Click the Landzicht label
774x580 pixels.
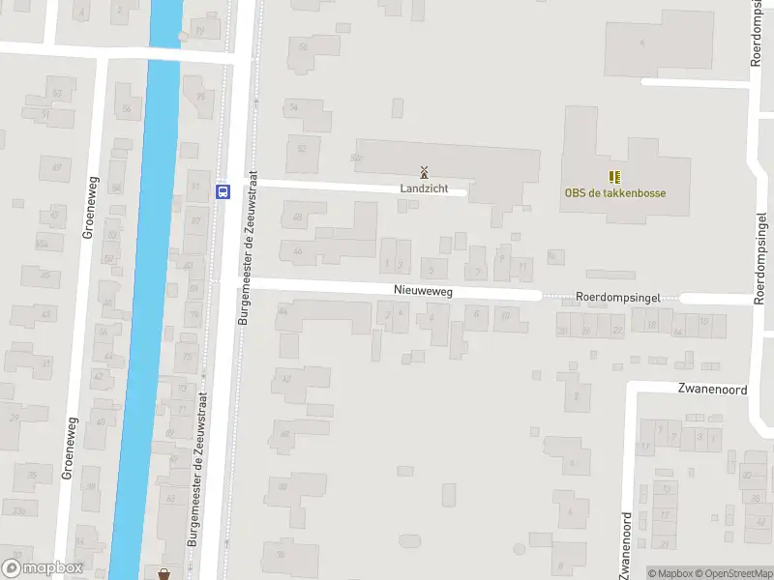pyautogui.click(x=424, y=188)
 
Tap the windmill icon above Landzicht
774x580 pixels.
pyautogui.click(x=424, y=171)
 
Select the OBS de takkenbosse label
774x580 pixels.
pyautogui.click(x=615, y=192)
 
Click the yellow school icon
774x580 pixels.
pyautogui.click(x=613, y=176)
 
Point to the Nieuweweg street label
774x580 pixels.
pyautogui.click(x=423, y=290)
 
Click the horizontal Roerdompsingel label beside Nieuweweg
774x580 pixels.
pyautogui.click(x=610, y=299)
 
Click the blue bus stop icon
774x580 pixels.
pyautogui.click(x=223, y=190)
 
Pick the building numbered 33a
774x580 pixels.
pyautogui.click(x=18, y=508)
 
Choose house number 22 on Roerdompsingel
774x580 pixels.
pyautogui.click(x=618, y=331)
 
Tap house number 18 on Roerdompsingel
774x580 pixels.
pyautogui.click(x=652, y=325)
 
